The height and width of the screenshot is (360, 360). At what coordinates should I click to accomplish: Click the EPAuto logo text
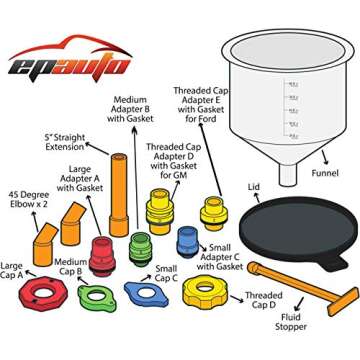tap(68, 65)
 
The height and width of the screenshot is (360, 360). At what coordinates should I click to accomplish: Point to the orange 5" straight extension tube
tap(121, 184)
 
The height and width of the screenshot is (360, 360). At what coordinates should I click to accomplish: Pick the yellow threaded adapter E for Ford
tap(212, 212)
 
